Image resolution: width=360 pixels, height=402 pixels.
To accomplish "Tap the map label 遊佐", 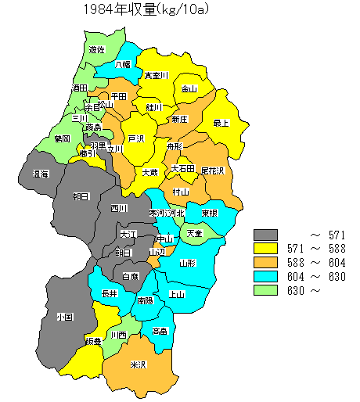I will pos(97,49).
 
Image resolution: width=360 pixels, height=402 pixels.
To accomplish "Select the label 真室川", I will pos(156,76).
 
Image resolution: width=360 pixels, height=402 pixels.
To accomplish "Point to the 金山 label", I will pos(189,89).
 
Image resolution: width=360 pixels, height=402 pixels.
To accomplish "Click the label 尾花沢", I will pos(212,170).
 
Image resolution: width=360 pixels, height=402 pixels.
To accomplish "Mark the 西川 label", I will pos(119,209).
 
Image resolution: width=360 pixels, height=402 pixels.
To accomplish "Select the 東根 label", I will pos(209,213).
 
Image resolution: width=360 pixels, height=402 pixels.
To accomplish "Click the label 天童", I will pos(193,233).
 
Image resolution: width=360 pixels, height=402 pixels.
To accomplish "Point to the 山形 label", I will pos(188,264).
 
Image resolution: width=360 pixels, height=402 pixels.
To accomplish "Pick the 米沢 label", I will pos(139,365).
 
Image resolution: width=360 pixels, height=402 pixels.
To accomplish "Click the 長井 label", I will pos(110,293).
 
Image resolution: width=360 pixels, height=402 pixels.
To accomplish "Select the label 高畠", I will pos(160,331).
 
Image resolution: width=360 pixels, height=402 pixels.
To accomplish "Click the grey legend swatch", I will pos(266,235).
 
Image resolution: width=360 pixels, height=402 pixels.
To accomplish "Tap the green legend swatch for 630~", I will pos(266,291).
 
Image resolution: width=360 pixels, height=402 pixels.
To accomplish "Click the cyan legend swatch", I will pos(266,277).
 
